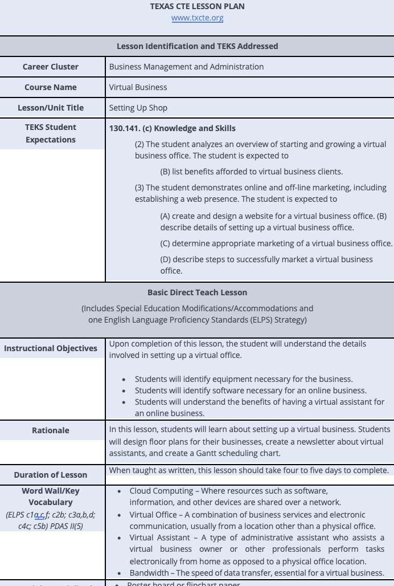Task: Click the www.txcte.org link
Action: pos(197,18)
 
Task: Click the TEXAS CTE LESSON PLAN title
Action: pos(197,6)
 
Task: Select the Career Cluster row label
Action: pos(51,67)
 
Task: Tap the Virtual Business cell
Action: pos(138,87)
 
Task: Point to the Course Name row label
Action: pos(51,87)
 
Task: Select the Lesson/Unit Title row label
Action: pos(51,108)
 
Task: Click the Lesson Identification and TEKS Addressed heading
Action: pos(197,46)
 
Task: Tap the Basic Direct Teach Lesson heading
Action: pos(197,292)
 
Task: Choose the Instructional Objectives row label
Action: pos(51,348)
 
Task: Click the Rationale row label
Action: pos(51,430)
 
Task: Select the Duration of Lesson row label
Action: pos(51,475)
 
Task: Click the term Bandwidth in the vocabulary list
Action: pos(150,573)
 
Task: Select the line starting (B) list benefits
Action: pos(251,172)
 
